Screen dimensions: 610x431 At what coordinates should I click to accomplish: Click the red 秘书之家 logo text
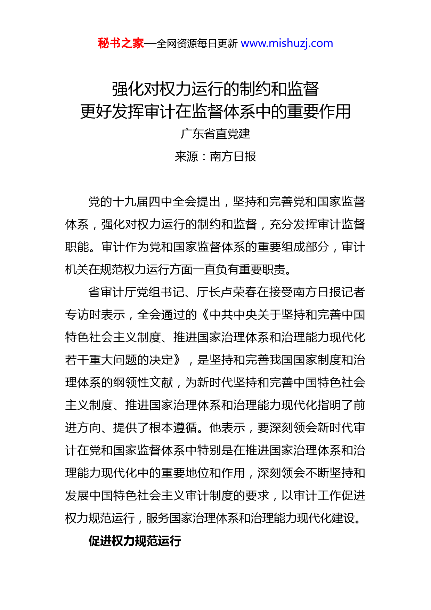[121, 43]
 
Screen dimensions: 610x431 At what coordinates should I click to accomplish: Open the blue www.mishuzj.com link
[287, 43]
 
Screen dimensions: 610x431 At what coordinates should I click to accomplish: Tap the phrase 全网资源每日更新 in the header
[197, 44]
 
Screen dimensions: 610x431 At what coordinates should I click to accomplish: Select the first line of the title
[215, 89]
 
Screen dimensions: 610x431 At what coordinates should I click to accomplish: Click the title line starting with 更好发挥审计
[215, 112]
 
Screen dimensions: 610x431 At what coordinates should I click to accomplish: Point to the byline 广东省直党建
[215, 134]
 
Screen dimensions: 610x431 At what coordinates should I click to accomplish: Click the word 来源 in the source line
[186, 156]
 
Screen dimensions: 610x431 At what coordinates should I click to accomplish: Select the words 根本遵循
[173, 428]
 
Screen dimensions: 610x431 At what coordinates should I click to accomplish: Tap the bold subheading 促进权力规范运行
[135, 541]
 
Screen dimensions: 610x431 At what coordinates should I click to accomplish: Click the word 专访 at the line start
[77, 315]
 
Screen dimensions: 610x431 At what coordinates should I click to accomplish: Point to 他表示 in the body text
[227, 428]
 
